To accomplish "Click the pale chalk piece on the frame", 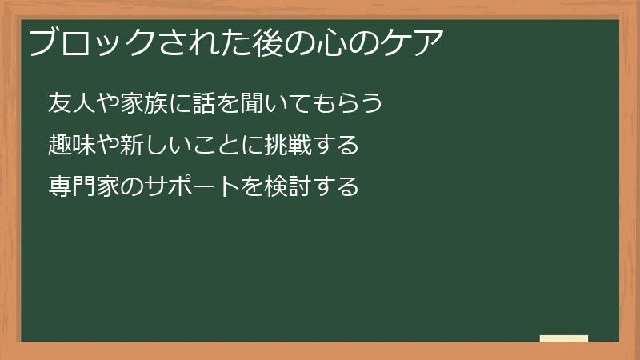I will (564, 338).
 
